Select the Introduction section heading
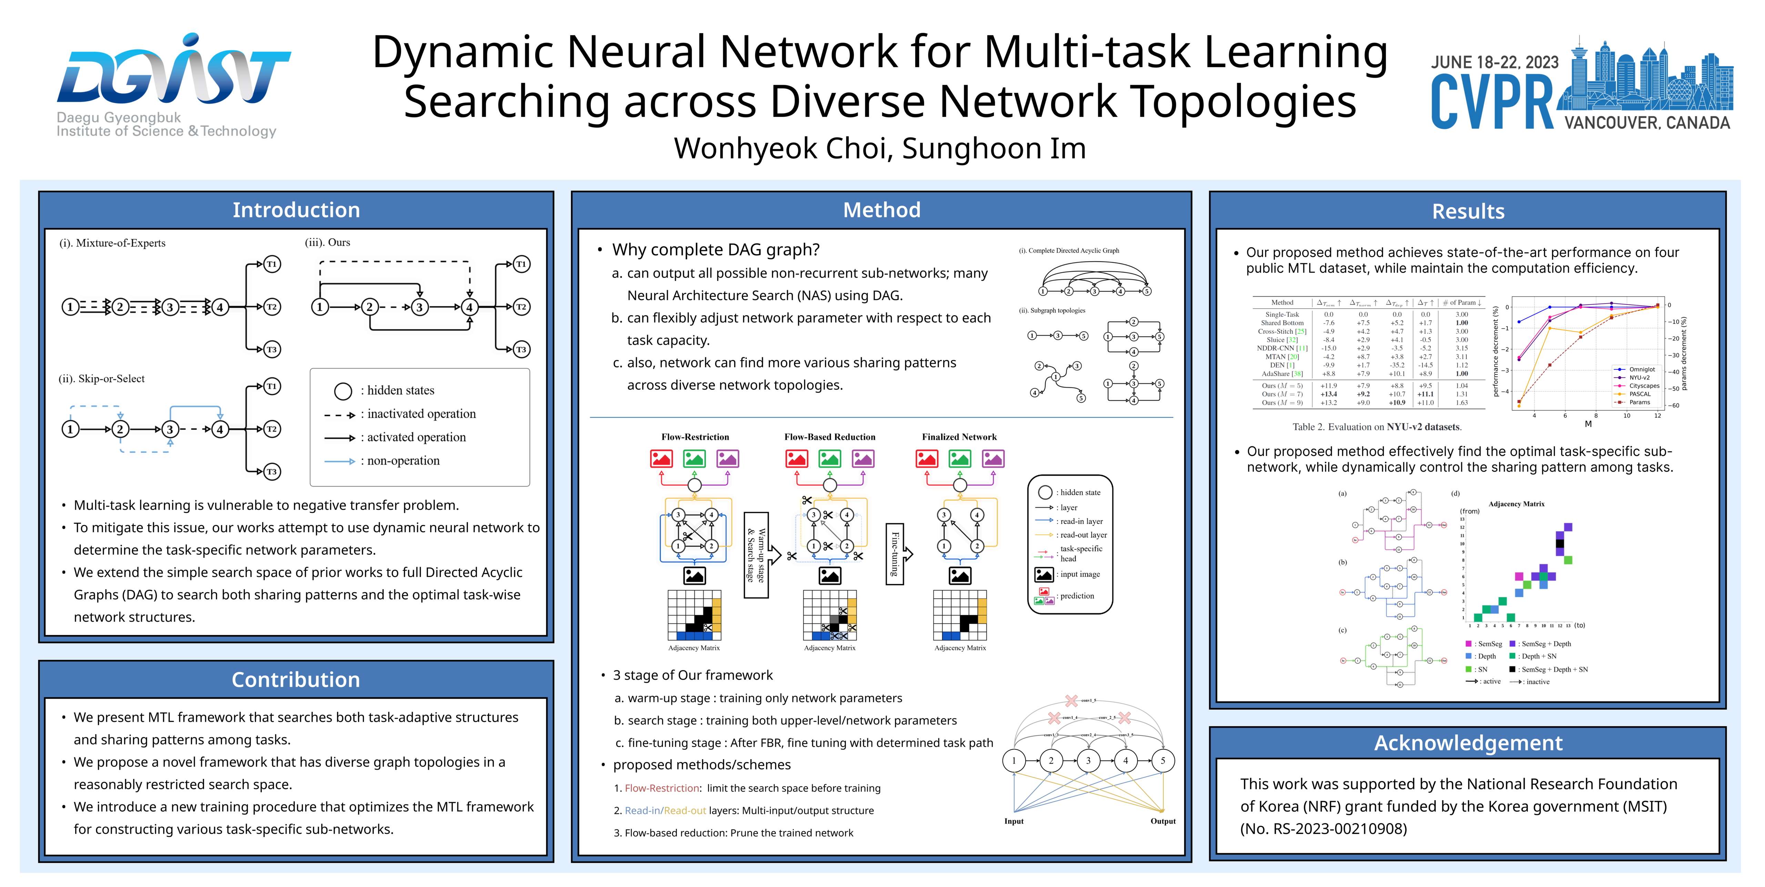[296, 210]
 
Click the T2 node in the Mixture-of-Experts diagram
[272, 307]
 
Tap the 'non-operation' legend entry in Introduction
[403, 461]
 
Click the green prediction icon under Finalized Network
[960, 459]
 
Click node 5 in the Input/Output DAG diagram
[1163, 760]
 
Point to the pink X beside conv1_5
[1071, 700]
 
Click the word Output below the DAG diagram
[1163, 821]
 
